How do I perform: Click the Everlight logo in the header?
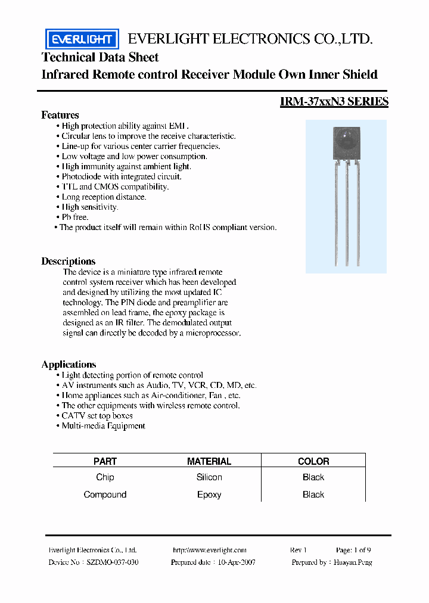pyautogui.click(x=82, y=39)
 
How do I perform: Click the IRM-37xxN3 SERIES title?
pyautogui.click(x=334, y=102)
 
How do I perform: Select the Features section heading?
pyautogui.click(x=60, y=115)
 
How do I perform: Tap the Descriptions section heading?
pyautogui.click(x=68, y=261)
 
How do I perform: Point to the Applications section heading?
pyautogui.click(x=69, y=364)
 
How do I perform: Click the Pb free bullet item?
pyautogui.click(x=74, y=217)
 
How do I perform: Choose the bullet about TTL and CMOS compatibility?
pyautogui.click(x=115, y=187)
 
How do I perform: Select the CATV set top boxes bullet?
pyautogui.click(x=97, y=415)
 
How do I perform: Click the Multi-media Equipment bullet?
pyautogui.click(x=103, y=425)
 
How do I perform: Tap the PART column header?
pyautogui.click(x=105, y=461)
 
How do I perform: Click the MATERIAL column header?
pyautogui.click(x=209, y=461)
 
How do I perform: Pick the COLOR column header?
pyautogui.click(x=313, y=461)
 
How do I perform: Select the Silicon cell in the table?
pyautogui.click(x=209, y=477)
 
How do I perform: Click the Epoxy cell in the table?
pyautogui.click(x=209, y=495)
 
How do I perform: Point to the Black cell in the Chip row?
pyautogui.click(x=313, y=477)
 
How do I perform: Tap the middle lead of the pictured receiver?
pyautogui.click(x=347, y=215)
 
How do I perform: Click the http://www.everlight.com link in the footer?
pyautogui.click(x=209, y=550)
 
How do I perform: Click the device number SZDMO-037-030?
pyautogui.click(x=113, y=562)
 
